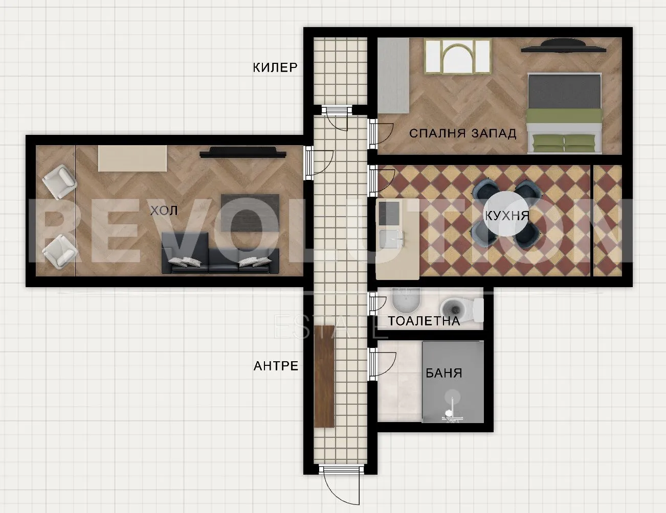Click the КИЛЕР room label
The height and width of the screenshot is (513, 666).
275,67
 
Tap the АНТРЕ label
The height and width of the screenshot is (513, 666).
276,366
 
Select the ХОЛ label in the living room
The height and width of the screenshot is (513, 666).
164,211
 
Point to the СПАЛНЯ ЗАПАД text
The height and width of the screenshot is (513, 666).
463,133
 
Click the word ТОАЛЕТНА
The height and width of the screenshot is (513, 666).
424,321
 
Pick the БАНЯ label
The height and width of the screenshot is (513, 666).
444,373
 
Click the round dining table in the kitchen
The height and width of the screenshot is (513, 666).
506,214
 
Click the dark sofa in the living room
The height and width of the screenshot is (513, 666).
220,253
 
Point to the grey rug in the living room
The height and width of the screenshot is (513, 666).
250,213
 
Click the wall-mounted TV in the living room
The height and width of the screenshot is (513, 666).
243,152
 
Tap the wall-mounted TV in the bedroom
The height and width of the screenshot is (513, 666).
563,45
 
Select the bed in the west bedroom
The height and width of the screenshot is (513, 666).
564,113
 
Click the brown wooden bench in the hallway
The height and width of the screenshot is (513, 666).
324,376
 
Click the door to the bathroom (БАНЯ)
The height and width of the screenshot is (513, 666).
382,364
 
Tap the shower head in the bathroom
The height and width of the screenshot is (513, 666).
452,397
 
